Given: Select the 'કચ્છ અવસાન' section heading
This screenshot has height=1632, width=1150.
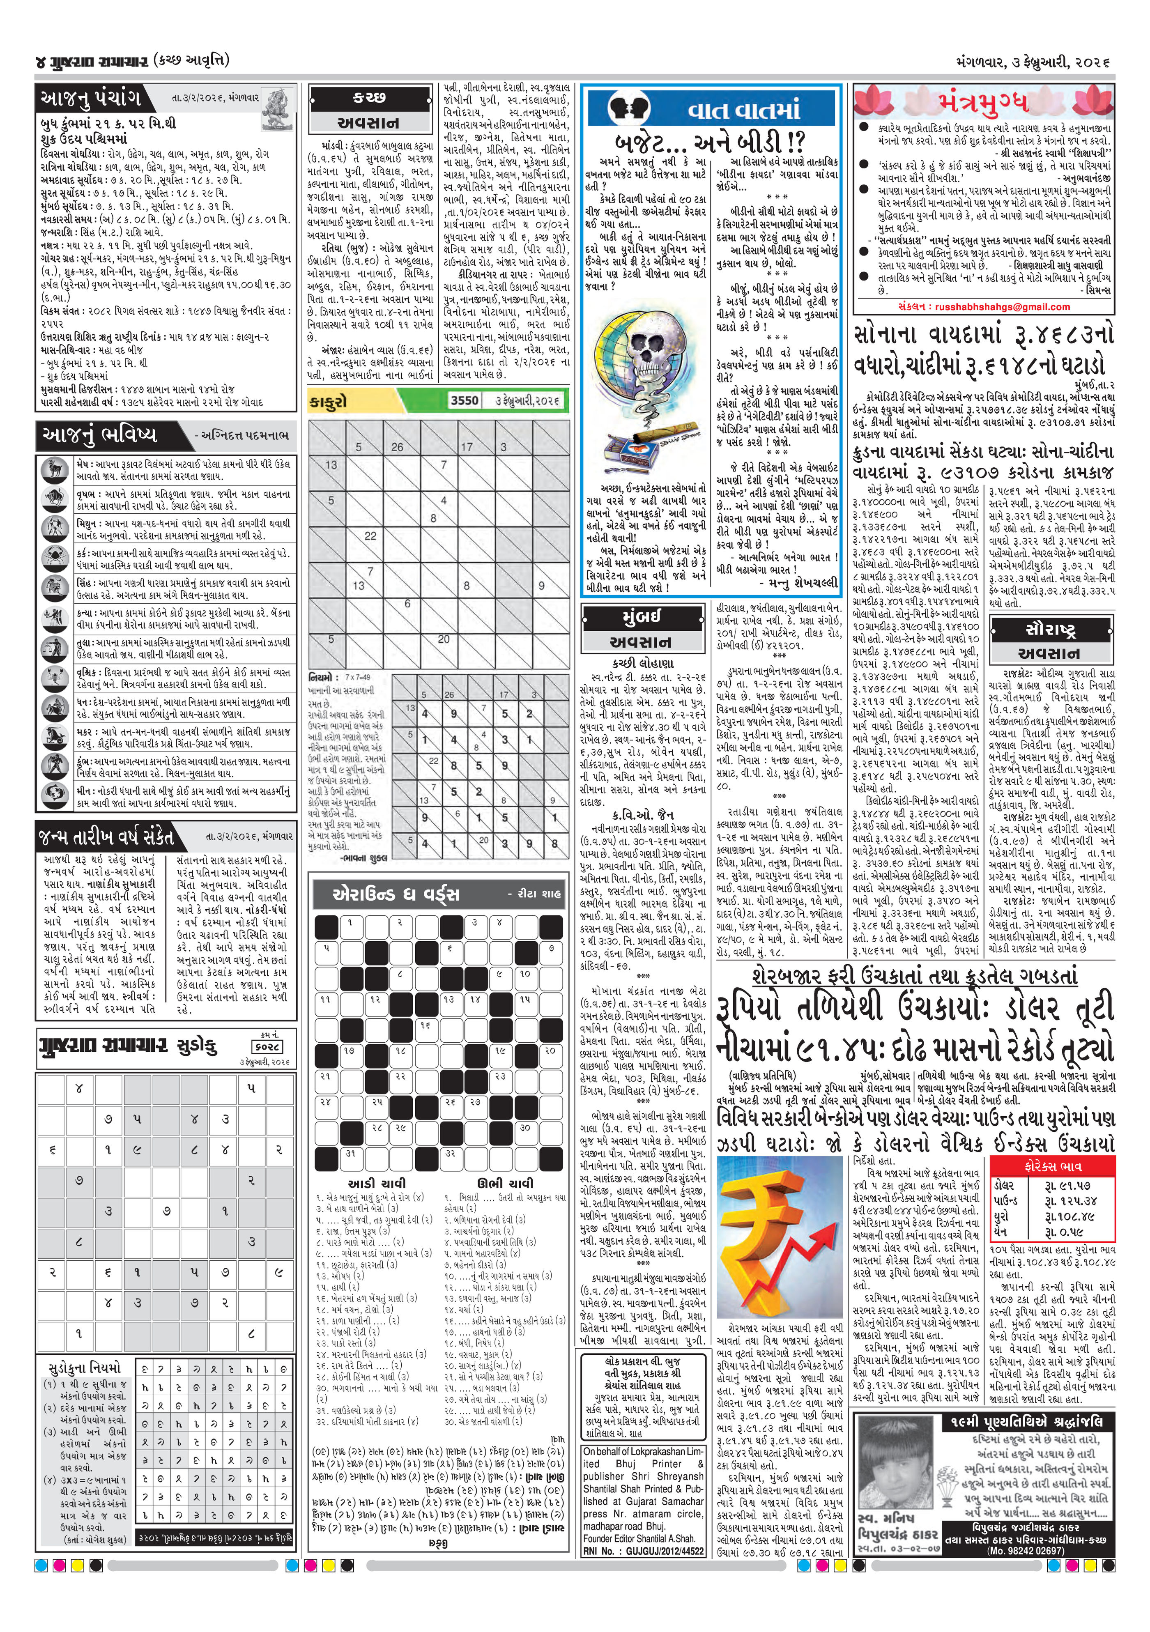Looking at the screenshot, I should (x=369, y=110).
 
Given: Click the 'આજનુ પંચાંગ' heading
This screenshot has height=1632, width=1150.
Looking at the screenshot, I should (x=90, y=98).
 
